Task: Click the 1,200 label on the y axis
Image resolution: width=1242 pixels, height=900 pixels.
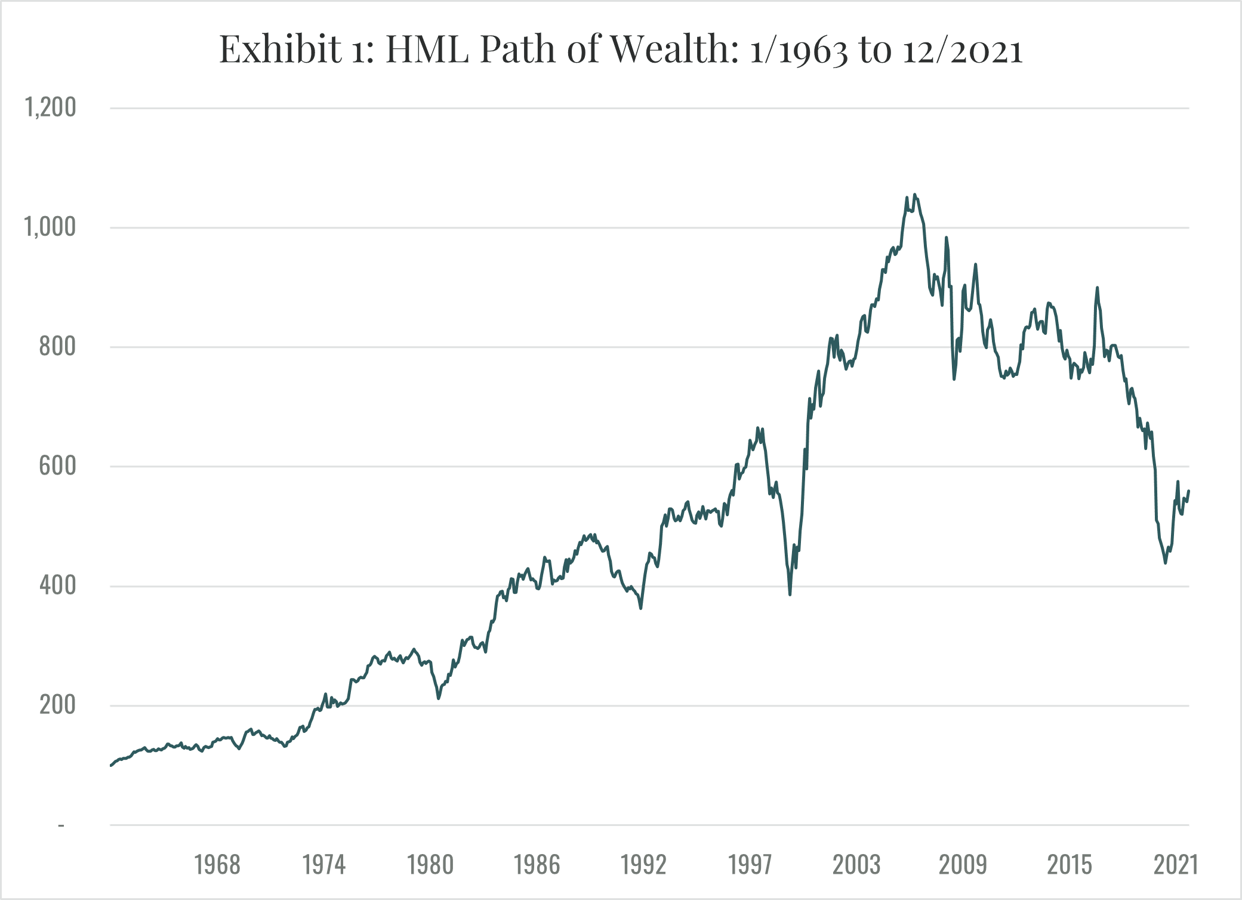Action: point(51,107)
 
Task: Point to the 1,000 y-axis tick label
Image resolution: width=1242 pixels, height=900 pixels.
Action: point(51,227)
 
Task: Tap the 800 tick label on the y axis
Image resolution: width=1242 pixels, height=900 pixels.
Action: point(57,346)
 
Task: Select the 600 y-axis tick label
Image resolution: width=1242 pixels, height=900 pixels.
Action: point(57,466)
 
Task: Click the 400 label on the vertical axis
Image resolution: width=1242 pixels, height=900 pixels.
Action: point(57,585)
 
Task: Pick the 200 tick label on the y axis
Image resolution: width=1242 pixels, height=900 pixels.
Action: point(57,705)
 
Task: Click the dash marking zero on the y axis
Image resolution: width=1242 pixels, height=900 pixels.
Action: point(61,826)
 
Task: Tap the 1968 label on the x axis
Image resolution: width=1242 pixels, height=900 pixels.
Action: point(217,865)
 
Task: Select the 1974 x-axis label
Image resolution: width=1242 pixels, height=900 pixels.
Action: point(324,865)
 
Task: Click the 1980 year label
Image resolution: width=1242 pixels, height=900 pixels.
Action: point(430,865)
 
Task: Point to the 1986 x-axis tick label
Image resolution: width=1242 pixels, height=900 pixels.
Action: point(537,865)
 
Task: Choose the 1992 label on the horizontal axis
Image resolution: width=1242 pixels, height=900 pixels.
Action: point(643,865)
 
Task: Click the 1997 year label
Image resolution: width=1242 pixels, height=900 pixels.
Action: point(750,865)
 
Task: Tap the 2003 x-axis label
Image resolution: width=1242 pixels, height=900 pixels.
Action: point(856,865)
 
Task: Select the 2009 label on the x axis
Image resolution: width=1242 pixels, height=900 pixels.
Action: point(963,865)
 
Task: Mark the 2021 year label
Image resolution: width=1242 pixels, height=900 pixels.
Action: point(1176,865)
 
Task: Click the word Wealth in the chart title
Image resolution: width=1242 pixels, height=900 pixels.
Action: point(675,49)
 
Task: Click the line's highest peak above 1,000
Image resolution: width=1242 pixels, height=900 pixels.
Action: point(915,195)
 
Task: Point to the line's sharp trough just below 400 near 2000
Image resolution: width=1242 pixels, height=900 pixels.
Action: point(790,594)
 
